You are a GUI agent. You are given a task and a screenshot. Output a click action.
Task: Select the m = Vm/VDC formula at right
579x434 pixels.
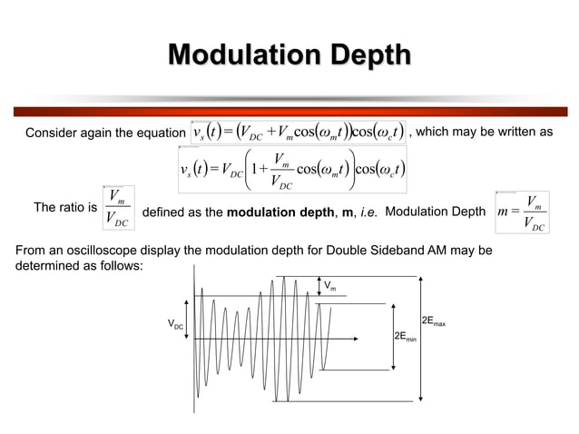click(x=523, y=212)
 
